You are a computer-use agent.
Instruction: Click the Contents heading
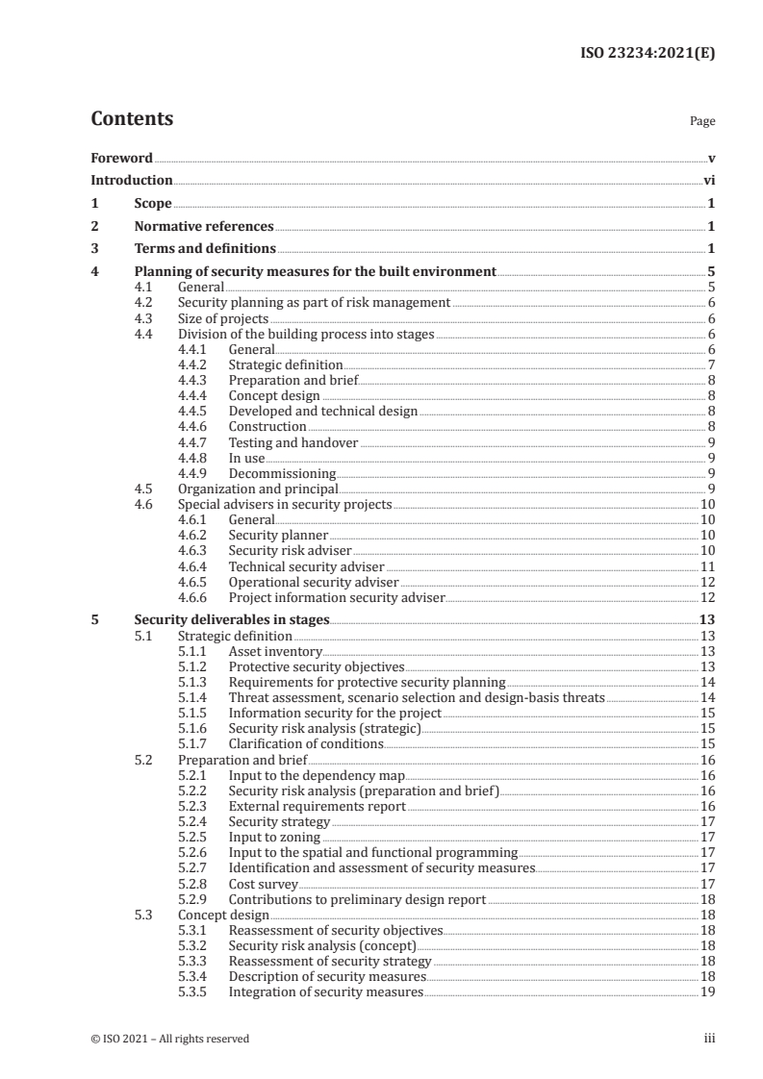tap(132, 119)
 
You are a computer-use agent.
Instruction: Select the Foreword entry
tap(121, 158)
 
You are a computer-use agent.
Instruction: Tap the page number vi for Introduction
tap(707, 180)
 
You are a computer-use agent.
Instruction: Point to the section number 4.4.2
tap(195, 365)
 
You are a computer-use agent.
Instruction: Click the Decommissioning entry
tap(282, 473)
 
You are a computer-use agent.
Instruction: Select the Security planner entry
tap(278, 535)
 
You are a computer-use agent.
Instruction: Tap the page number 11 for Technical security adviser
tap(706, 566)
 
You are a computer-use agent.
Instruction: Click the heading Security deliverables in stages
tap(231, 620)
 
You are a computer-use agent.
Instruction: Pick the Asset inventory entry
tap(267, 651)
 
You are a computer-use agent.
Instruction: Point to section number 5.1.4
tap(195, 697)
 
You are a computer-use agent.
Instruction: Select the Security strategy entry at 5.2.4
tap(279, 821)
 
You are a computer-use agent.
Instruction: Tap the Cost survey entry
tap(263, 884)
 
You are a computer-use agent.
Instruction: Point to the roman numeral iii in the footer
tap(708, 1039)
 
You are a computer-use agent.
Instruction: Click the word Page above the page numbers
tap(702, 122)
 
